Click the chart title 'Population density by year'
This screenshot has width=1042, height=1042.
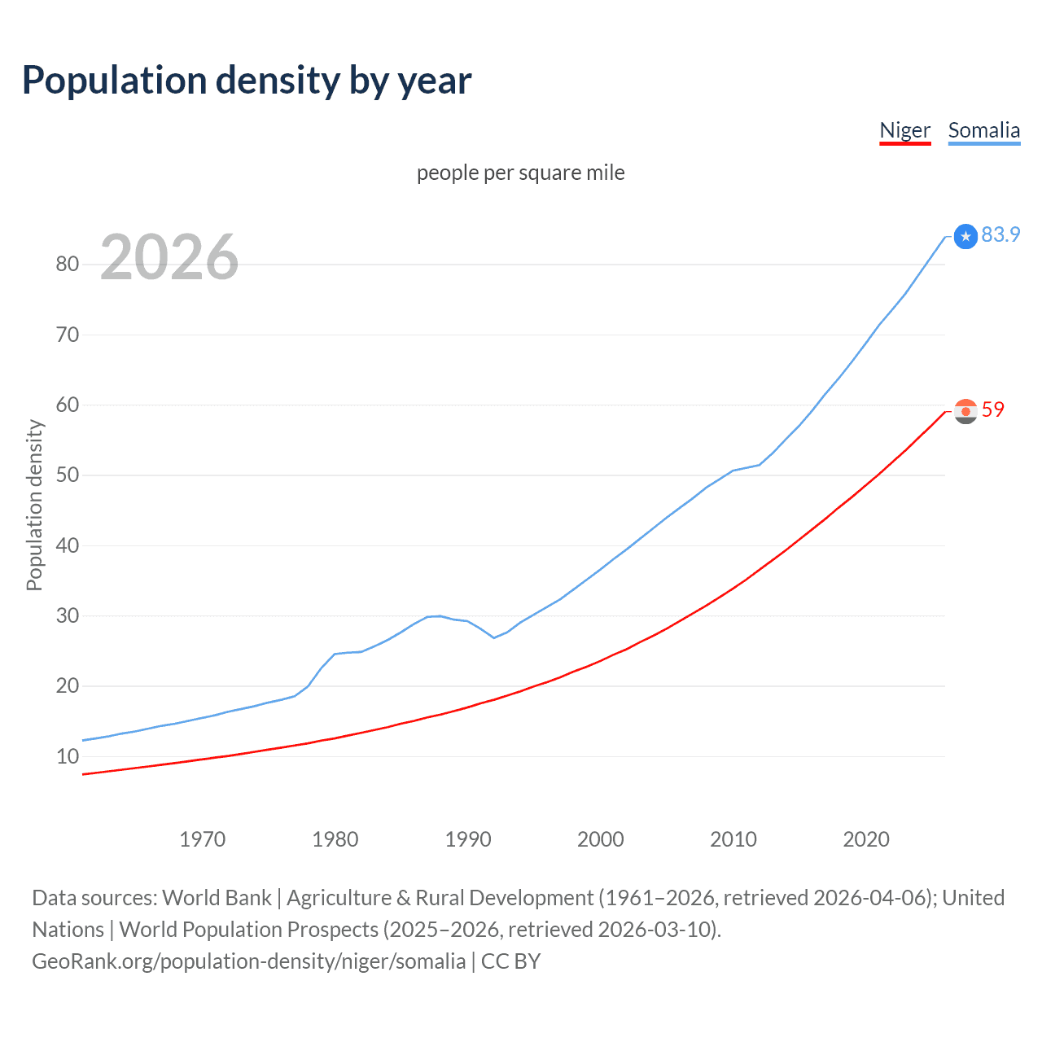click(x=247, y=81)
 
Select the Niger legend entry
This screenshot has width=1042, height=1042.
click(x=904, y=131)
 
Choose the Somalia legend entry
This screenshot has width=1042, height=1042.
click(x=983, y=131)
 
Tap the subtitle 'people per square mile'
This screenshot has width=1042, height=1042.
click(x=520, y=173)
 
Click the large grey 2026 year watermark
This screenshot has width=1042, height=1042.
click(x=169, y=257)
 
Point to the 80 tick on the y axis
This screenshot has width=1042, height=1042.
click(x=68, y=265)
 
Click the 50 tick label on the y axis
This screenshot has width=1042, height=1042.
click(x=68, y=475)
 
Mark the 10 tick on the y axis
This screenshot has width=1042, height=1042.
click(x=68, y=757)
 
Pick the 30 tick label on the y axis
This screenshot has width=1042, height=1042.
click(x=68, y=616)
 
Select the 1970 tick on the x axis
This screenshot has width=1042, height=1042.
click(x=202, y=839)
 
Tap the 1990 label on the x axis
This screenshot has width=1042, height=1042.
click(x=468, y=839)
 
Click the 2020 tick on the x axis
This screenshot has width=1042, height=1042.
click(x=866, y=839)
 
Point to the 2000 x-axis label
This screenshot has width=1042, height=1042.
click(x=601, y=839)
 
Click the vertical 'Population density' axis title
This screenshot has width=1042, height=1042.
click(x=34, y=505)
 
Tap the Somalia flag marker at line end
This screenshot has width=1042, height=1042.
click(x=965, y=236)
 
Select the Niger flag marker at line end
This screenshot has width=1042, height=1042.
click(x=965, y=411)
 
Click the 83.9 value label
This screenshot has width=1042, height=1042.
click(x=1000, y=235)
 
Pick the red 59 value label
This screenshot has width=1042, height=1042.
click(x=993, y=410)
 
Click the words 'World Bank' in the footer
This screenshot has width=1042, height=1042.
click(x=217, y=898)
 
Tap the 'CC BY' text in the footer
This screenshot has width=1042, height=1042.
click(x=510, y=961)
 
